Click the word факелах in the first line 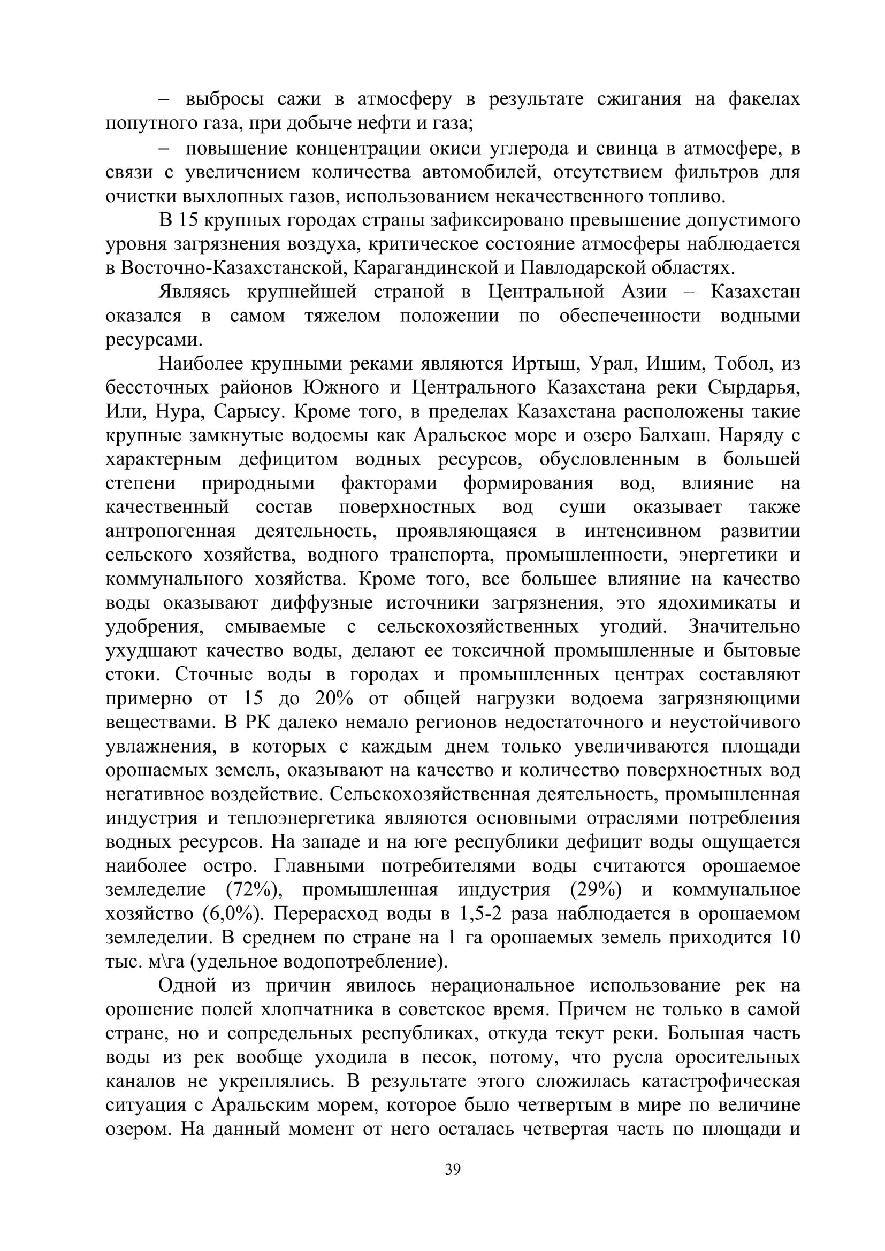[x=764, y=99]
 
